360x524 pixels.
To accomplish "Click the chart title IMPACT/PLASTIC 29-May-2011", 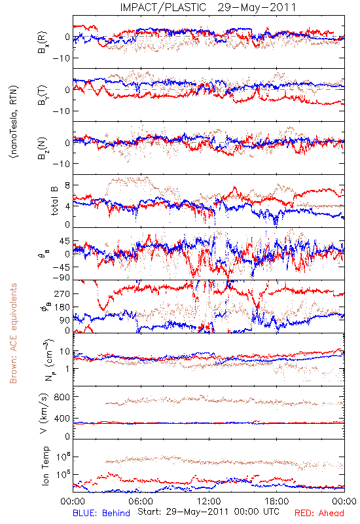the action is tap(208, 7).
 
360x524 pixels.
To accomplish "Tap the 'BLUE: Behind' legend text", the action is tap(101, 513).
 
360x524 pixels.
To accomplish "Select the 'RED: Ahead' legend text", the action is tap(319, 513).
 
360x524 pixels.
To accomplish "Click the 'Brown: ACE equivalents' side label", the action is tap(13, 333).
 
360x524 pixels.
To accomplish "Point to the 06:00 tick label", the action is tap(141, 501).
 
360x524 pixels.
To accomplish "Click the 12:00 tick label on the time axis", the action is tap(209, 501).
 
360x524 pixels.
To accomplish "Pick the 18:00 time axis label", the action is tap(277, 501).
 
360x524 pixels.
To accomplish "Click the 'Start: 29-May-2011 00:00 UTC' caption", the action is tap(208, 512).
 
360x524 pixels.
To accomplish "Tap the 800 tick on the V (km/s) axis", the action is tap(62, 397).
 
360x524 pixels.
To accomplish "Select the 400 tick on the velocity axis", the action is tap(62, 419).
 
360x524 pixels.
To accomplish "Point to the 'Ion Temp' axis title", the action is tap(45, 465).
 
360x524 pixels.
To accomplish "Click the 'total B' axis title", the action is tap(54, 201).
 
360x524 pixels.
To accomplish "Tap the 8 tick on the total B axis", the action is tap(67, 185).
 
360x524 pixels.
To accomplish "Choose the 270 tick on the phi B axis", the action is tap(62, 293).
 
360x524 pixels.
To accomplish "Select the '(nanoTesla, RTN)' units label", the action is tap(14, 122).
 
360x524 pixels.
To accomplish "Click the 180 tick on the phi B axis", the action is tap(62, 307).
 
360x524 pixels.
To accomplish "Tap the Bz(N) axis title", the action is tap(43, 148).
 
